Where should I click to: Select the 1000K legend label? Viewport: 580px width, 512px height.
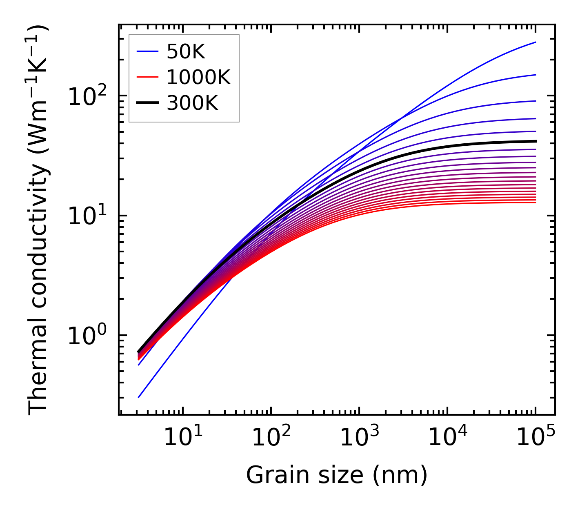198,77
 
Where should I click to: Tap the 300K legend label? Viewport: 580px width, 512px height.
192,103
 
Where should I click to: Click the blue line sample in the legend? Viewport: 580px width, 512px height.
147,52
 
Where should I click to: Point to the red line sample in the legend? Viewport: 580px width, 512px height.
147,77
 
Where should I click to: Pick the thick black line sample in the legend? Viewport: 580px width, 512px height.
147,103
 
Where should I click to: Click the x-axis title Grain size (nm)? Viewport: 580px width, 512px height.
337,475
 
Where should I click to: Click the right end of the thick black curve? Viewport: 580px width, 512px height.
536,141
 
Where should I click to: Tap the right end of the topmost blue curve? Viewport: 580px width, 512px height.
536,42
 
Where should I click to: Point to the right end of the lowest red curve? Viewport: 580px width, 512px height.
536,203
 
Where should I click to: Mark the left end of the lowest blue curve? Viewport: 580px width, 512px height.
139,397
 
